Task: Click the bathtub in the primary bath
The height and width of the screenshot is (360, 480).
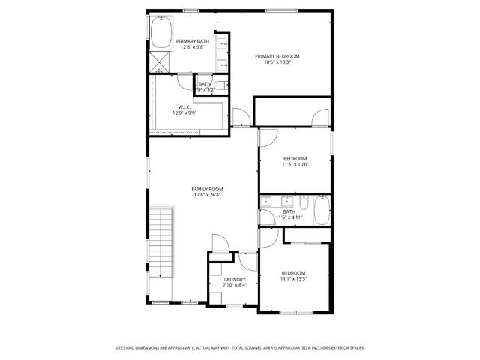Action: coord(161,34)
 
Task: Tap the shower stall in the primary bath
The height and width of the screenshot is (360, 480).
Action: coord(160,61)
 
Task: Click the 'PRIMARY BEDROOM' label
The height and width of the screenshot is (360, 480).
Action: coord(277,56)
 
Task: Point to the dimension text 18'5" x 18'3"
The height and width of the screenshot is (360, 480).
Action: coord(277,63)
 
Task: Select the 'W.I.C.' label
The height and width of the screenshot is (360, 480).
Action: coord(184,106)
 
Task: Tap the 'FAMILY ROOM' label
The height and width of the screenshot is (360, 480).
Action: coord(207,189)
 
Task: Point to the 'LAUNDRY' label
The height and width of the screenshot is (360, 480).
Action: coord(234,279)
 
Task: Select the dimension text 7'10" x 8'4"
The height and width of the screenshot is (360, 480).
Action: coord(234,286)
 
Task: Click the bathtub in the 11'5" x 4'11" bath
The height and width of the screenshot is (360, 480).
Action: coord(321,211)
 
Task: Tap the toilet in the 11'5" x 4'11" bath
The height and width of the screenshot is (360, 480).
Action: coord(302,203)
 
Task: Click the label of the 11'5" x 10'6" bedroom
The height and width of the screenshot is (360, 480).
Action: coord(295,158)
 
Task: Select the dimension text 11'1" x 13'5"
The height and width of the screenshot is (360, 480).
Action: coord(293,279)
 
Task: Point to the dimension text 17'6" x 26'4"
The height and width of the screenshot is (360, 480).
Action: coord(207,196)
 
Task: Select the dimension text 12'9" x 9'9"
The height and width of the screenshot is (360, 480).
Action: coord(184,113)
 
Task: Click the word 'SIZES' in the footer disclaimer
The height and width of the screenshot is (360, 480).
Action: coord(120,347)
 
